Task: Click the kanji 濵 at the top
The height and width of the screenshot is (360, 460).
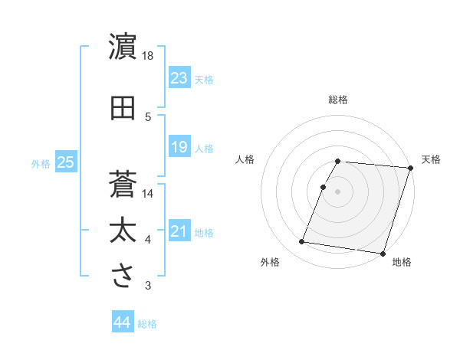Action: pos(123,47)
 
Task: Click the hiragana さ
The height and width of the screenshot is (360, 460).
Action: pos(123,276)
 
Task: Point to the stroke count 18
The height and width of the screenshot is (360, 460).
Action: pos(149,56)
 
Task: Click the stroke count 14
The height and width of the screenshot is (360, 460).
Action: pos(149,194)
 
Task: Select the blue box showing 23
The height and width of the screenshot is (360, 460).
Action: pos(179,78)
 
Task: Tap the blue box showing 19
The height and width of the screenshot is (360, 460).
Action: pos(179,147)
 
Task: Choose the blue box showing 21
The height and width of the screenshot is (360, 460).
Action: pos(179,231)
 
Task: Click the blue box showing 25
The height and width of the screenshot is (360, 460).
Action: pos(66,162)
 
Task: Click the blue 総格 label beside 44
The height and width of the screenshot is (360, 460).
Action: pos(147,324)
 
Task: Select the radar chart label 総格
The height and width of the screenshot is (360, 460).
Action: pos(338,100)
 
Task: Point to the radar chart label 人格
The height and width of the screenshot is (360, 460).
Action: pos(245,159)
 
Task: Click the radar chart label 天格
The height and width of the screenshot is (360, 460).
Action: pos(431,159)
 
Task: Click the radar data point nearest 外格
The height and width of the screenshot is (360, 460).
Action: pos(302,242)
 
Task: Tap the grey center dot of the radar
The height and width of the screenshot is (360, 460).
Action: pos(338,191)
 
